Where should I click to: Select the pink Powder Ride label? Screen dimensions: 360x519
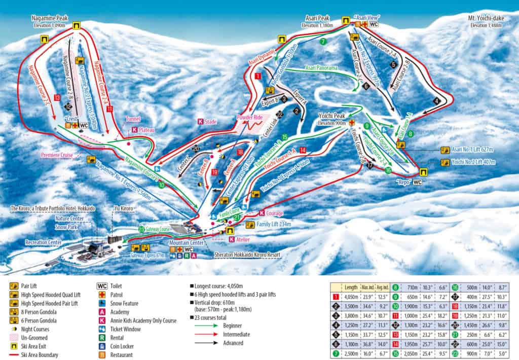point(249,117)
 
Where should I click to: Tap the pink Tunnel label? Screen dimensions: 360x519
point(133,119)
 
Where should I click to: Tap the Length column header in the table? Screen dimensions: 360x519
point(351,287)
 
